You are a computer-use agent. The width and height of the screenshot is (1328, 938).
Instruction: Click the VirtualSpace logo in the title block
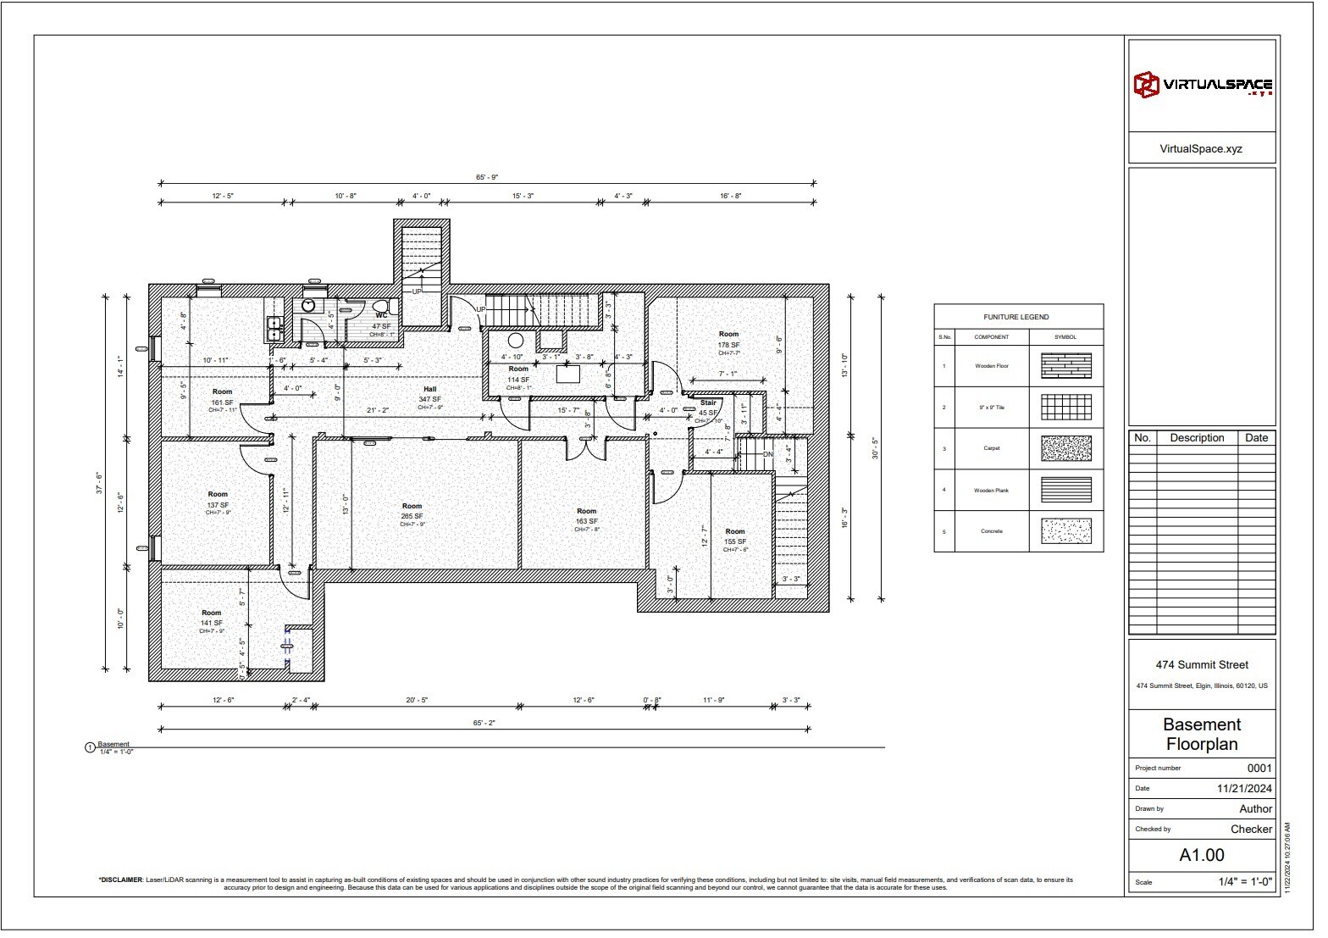(x=1202, y=85)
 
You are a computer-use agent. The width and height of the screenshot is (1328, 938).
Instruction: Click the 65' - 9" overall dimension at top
(x=487, y=177)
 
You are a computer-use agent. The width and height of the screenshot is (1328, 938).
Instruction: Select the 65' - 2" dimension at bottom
(x=484, y=723)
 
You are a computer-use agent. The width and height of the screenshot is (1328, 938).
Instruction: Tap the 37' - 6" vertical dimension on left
(x=99, y=483)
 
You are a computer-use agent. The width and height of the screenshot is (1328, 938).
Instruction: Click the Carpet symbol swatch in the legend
(x=1065, y=448)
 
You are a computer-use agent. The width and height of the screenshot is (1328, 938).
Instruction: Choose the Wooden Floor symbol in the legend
(x=1065, y=366)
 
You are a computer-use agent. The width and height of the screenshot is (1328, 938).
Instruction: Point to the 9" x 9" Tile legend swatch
(x=1065, y=408)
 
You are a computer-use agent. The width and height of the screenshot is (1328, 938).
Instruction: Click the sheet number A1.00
(x=1202, y=855)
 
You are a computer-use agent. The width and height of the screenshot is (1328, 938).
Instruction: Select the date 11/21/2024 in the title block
(x=1244, y=788)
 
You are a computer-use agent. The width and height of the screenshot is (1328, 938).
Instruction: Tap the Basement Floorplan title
(x=1202, y=735)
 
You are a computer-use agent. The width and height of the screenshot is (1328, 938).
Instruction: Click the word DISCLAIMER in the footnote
(x=120, y=880)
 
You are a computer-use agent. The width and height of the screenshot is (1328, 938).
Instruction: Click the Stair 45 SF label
(x=708, y=408)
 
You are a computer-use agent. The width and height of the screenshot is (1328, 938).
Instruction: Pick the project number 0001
(x=1259, y=769)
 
